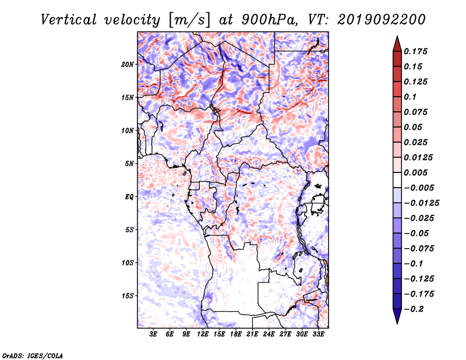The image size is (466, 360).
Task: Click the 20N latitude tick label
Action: tap(128, 65)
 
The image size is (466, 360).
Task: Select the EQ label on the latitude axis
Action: tap(129, 197)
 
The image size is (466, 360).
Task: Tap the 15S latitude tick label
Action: tap(128, 296)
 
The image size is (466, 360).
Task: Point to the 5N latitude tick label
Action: tap(129, 164)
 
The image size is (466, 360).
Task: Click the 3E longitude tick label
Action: tap(153, 334)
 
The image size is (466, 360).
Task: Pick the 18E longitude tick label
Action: tap(236, 334)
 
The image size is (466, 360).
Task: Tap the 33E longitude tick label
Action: tap(318, 334)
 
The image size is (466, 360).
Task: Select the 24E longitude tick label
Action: tap(269, 334)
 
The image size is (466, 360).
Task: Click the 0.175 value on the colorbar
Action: tap(415, 51)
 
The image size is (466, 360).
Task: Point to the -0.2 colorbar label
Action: tap(414, 309)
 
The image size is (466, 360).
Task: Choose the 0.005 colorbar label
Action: tap(415, 172)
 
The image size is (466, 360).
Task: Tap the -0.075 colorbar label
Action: tap(419, 249)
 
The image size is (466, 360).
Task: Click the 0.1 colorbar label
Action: tap(410, 97)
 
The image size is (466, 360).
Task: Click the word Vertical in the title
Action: tap(69, 20)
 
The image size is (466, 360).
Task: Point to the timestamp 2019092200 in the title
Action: tap(382, 20)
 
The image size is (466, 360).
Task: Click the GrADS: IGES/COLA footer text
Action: tap(33, 355)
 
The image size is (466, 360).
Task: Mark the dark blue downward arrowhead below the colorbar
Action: tap(397, 316)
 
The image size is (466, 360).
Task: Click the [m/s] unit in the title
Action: tap(189, 20)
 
